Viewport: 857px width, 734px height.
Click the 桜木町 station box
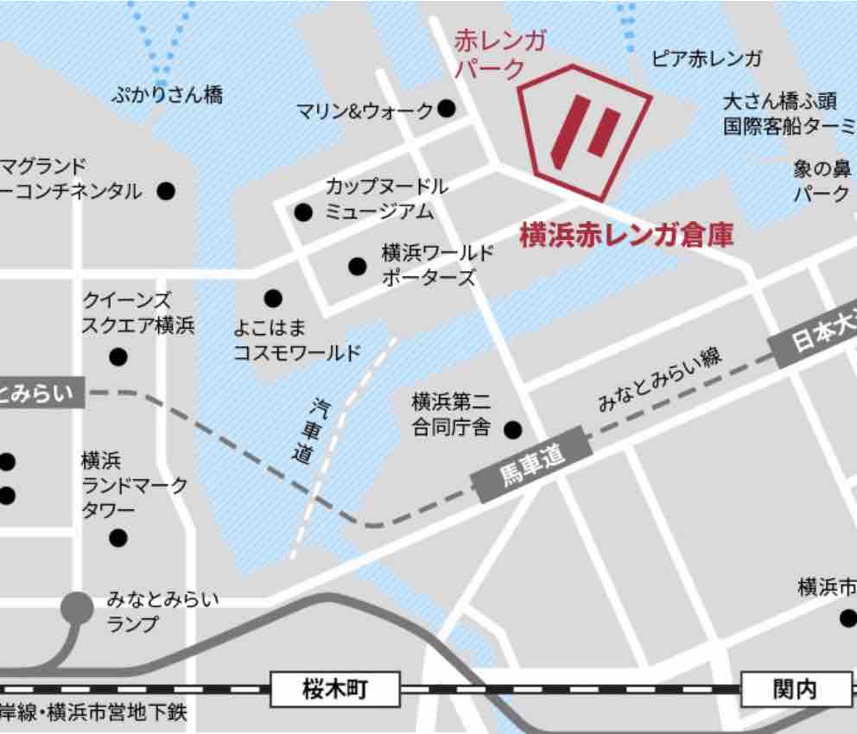324,690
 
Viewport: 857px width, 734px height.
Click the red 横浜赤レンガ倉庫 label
626,236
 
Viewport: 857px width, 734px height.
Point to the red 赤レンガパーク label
500,54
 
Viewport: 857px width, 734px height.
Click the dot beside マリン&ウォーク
447,109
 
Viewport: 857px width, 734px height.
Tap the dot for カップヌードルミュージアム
303,212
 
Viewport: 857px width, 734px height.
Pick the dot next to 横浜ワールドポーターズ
357,266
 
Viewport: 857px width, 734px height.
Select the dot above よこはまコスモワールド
273,299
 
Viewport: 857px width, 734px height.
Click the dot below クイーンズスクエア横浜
118,357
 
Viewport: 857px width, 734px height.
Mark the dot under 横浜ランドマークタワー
118,539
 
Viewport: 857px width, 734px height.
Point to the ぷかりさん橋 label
167,95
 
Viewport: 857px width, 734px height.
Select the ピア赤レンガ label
707,59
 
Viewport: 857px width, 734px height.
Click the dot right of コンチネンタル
167,190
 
